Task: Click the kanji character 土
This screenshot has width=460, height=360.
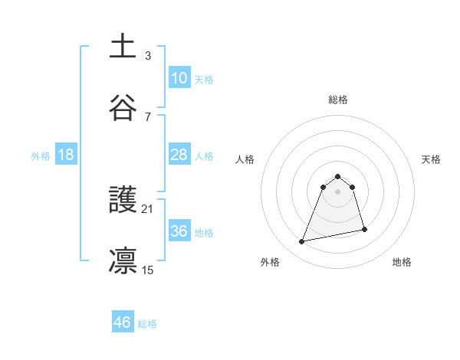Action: tap(123, 45)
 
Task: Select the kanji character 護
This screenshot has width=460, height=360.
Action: tap(123, 200)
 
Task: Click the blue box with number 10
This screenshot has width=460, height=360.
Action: tap(179, 78)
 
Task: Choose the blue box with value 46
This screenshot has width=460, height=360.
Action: tap(123, 322)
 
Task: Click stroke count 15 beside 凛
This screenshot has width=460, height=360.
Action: tap(149, 270)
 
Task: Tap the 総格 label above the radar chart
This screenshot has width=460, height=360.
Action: tap(338, 100)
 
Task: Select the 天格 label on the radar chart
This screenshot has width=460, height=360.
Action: tap(432, 159)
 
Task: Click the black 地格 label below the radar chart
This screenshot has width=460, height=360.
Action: tap(402, 262)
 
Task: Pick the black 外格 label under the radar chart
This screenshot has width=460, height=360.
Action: tap(270, 262)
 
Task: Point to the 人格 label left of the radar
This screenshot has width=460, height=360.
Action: tap(245, 159)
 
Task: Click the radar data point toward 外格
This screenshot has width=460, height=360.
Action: tap(302, 242)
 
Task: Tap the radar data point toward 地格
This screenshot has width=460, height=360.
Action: tap(364, 230)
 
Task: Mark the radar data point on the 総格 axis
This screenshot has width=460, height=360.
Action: tap(338, 173)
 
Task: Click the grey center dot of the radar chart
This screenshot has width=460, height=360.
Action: tap(338, 191)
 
